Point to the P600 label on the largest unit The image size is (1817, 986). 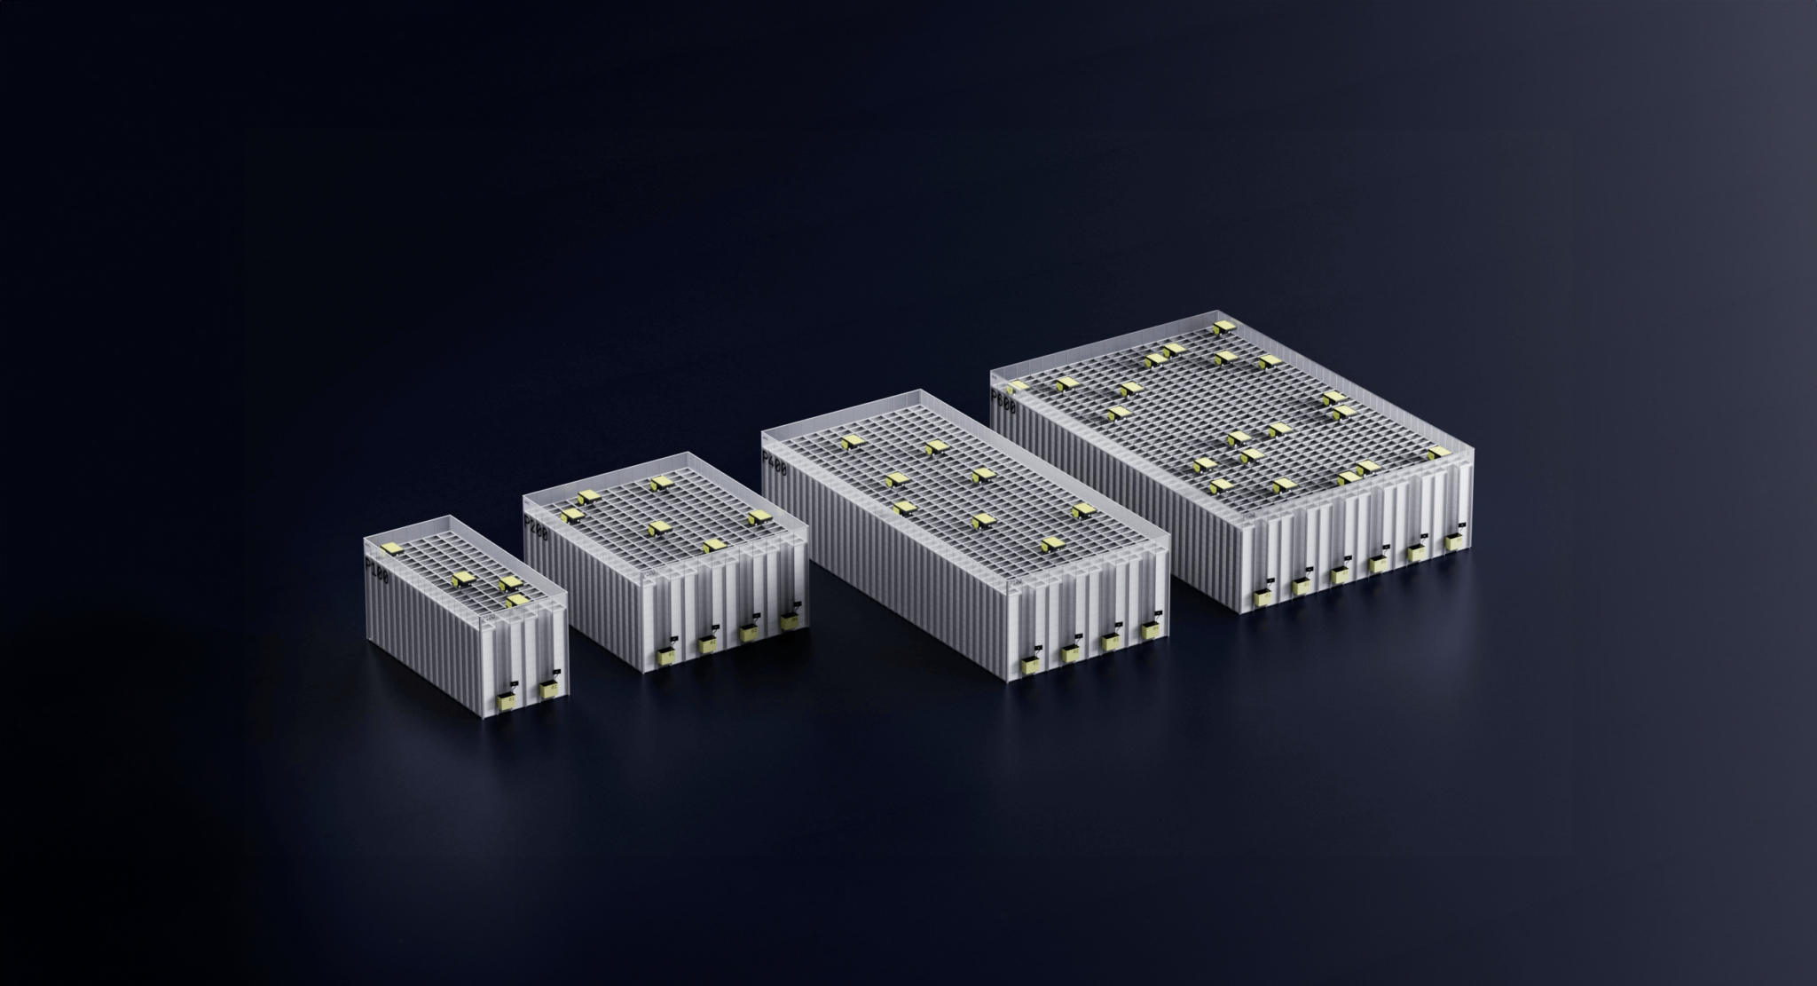click(1003, 396)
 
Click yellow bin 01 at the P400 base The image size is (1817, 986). click(1030, 666)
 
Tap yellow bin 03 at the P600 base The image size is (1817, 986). click(1340, 575)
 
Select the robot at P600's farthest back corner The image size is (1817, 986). click(1223, 327)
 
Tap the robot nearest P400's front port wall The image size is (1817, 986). click(1052, 543)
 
